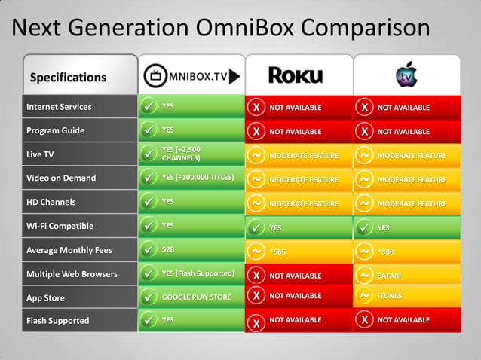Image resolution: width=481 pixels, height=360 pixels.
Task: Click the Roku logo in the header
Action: click(x=296, y=75)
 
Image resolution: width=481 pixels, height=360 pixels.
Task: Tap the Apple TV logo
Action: click(x=406, y=76)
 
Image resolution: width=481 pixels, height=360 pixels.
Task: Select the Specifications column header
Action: click(x=68, y=77)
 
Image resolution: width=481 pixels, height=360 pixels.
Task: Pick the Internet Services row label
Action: click(x=59, y=107)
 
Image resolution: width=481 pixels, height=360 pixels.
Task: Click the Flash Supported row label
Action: click(x=57, y=321)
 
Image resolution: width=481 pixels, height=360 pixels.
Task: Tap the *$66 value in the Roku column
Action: click(x=279, y=250)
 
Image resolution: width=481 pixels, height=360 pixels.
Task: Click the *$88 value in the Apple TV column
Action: click(x=387, y=250)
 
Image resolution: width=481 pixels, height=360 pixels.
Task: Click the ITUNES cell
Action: click(x=390, y=296)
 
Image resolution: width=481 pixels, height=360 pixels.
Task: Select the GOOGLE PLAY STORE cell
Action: click(x=196, y=297)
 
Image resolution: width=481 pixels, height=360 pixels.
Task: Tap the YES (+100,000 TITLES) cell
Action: click(x=198, y=178)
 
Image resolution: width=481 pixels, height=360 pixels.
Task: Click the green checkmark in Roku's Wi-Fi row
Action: click(x=256, y=227)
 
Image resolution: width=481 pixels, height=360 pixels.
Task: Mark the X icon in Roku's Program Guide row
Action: click(x=256, y=132)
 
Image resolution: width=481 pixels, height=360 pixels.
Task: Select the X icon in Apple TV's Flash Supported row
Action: click(x=365, y=320)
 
